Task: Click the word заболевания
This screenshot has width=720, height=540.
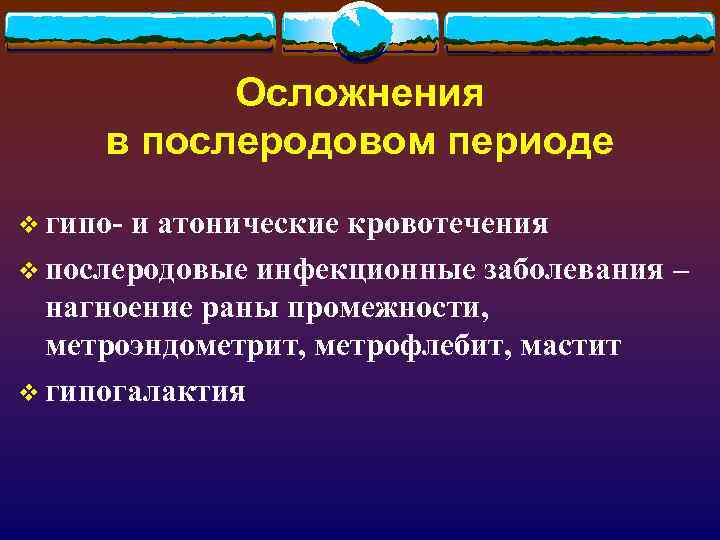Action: [x=571, y=270]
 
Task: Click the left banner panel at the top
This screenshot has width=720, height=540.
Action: [x=140, y=32]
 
